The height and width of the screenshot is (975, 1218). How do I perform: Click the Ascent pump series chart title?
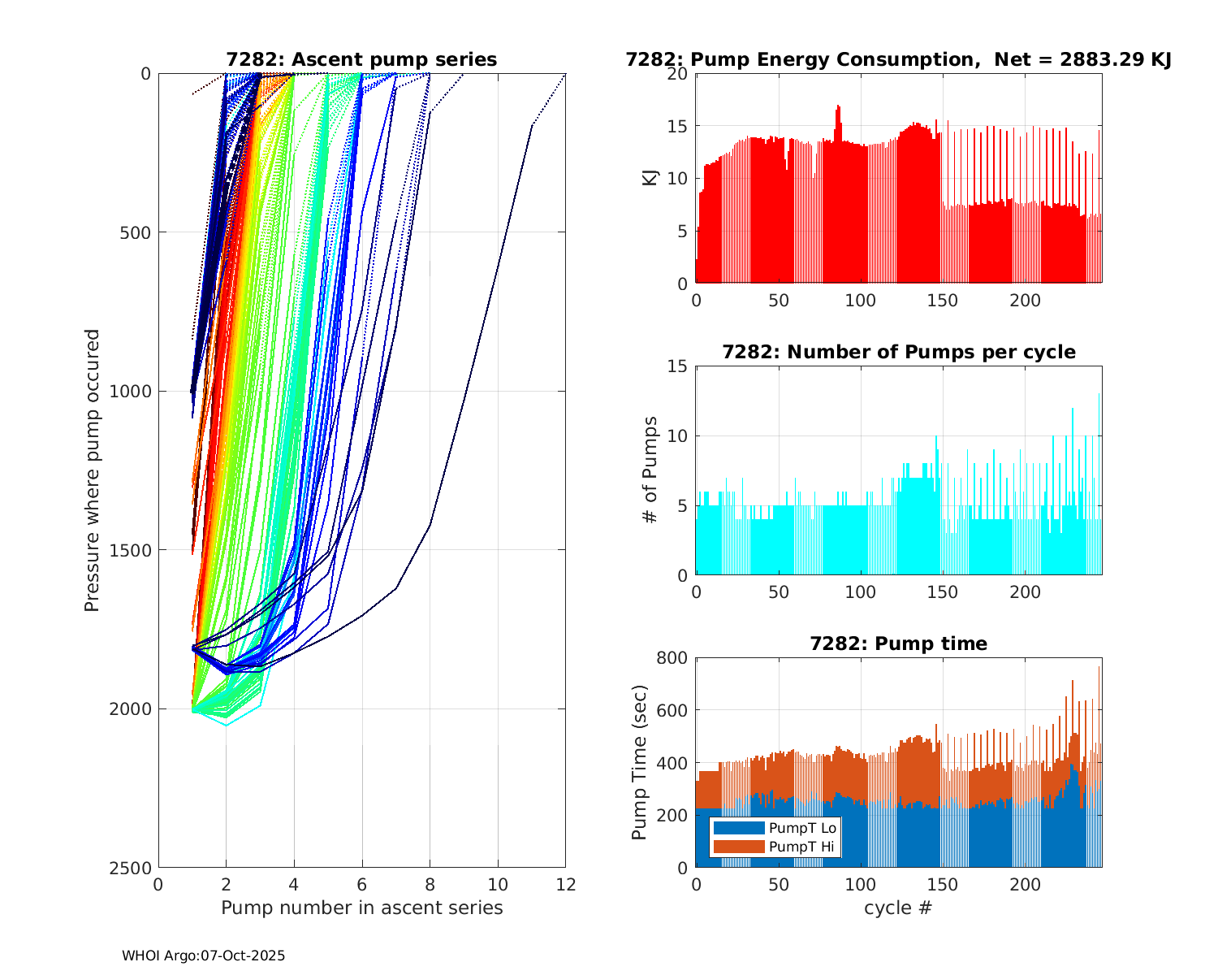point(361,60)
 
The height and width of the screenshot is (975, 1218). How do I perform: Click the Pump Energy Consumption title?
point(898,60)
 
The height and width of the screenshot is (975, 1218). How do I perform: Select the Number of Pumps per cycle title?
point(898,353)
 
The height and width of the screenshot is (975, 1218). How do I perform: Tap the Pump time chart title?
point(898,644)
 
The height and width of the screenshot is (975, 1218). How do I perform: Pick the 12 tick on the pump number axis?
point(565,885)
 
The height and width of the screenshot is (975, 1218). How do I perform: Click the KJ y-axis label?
point(650,178)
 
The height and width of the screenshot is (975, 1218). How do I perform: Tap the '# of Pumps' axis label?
point(650,470)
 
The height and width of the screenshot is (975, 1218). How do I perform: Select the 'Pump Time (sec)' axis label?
point(640,762)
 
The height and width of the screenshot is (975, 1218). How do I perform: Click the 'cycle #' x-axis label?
point(898,908)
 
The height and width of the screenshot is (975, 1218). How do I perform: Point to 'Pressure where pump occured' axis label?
point(93,470)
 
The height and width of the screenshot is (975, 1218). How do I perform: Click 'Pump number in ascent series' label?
point(361,908)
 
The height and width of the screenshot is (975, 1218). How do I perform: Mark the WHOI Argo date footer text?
point(203,956)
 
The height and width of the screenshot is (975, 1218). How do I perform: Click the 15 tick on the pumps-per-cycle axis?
point(679,366)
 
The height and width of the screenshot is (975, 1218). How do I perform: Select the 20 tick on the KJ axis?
point(679,74)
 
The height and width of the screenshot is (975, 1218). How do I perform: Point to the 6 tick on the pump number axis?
point(362,885)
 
